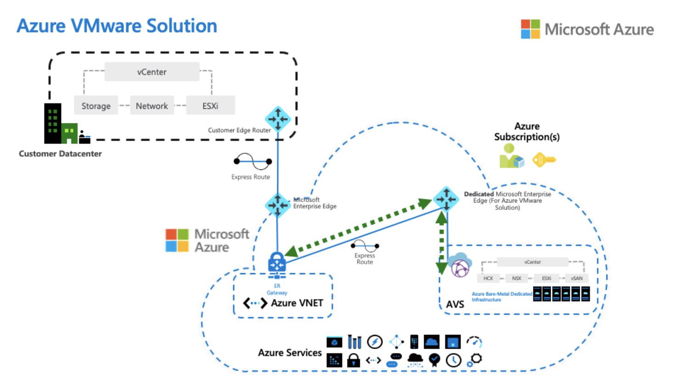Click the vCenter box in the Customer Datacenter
click(152, 72)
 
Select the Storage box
click(96, 106)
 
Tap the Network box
click(152, 106)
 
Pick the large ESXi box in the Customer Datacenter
click(210, 106)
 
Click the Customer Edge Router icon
click(278, 119)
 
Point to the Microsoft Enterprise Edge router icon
click(277, 204)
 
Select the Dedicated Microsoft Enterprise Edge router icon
click(446, 199)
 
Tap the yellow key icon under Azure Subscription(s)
click(544, 160)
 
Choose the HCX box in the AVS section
click(488, 278)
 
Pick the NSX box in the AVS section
click(517, 278)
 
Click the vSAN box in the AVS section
click(577, 278)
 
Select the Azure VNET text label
click(297, 303)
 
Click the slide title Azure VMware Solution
click(117, 26)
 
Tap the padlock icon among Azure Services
click(353, 360)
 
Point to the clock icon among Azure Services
click(454, 360)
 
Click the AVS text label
click(455, 304)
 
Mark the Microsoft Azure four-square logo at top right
click(530, 29)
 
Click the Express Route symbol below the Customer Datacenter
click(252, 161)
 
